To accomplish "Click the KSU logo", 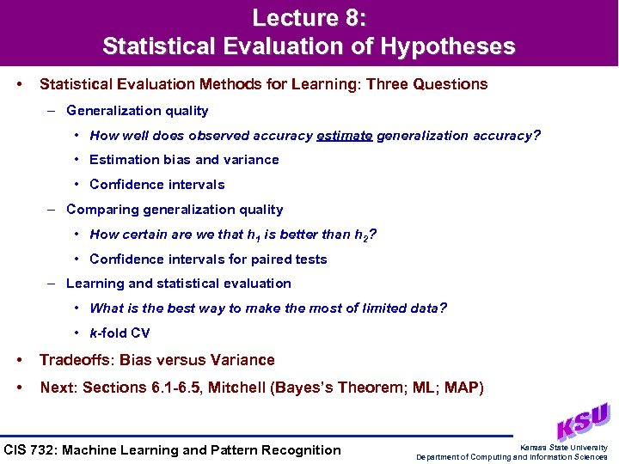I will (x=582, y=422).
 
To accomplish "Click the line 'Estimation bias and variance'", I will (x=184, y=160).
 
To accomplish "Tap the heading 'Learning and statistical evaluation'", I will (x=179, y=284).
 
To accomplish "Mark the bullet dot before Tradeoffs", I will (x=19, y=360).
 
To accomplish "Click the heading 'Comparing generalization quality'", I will (x=175, y=210).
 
